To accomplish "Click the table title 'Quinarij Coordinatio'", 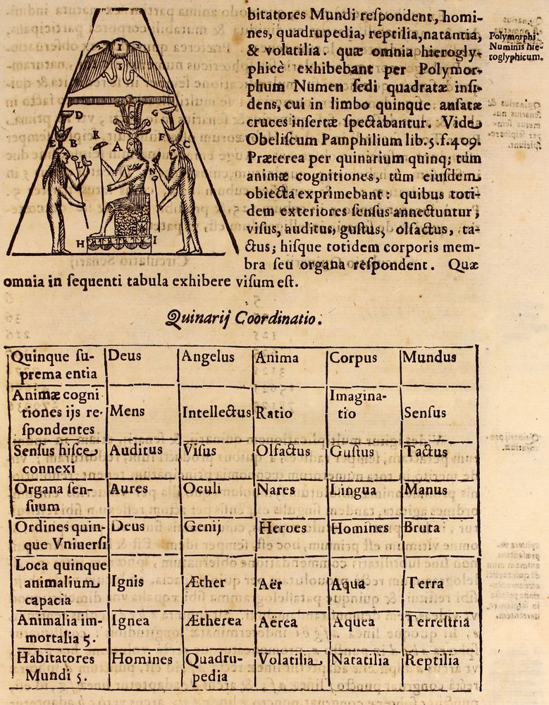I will (x=245, y=319).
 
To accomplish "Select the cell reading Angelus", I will (x=208, y=357).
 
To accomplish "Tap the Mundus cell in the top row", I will (x=429, y=357).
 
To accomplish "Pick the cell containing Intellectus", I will (x=216, y=412).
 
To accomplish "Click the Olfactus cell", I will (x=283, y=451).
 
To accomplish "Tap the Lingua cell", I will (x=354, y=490).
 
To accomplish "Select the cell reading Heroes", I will (x=283, y=527).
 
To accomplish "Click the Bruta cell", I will (x=422, y=527).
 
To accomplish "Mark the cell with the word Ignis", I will (x=128, y=582).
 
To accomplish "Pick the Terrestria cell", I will (x=437, y=622).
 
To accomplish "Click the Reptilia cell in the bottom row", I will (x=431, y=661).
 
